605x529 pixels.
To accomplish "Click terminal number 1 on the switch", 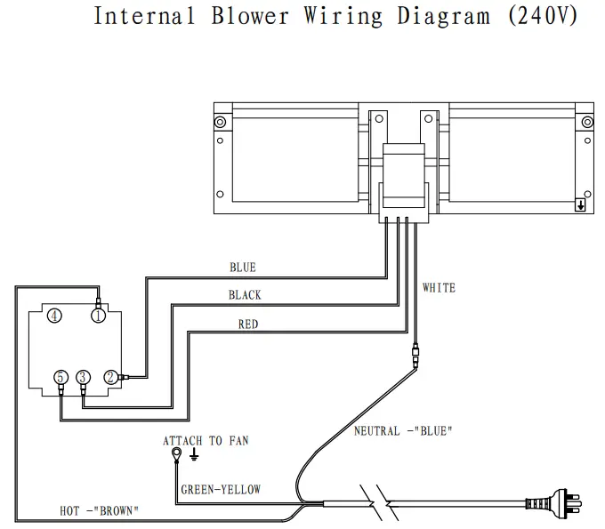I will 98,316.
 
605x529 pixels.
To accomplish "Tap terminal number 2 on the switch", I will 110,376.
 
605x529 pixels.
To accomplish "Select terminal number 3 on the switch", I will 83,376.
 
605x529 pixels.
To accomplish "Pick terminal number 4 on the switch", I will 54,316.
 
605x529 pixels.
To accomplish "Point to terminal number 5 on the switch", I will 60,376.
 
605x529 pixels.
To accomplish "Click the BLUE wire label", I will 242,268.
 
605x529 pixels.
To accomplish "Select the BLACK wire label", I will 244,295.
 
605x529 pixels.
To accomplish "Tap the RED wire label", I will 247,325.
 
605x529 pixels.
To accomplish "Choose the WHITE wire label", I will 439,288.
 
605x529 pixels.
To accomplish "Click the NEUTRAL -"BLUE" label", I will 403,431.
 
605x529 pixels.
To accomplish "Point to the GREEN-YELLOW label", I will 221,490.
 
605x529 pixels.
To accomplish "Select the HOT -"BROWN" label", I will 99,510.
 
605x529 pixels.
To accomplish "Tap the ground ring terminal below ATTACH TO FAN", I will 177,455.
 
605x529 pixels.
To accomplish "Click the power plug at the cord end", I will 555,504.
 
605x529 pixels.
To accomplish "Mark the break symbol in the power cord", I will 377,504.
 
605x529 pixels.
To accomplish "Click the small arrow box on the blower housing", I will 580,204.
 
